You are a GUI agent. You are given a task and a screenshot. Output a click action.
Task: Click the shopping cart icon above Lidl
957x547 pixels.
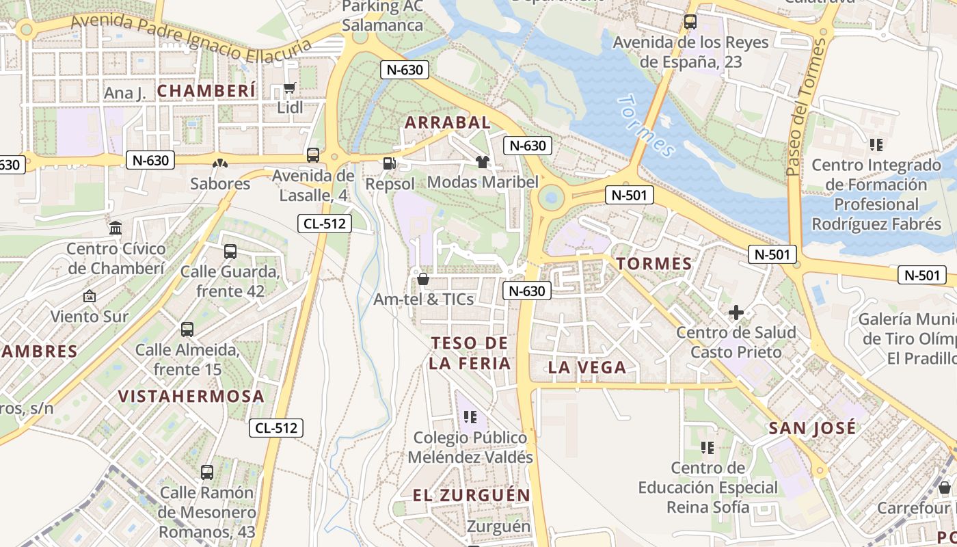(x=289, y=88)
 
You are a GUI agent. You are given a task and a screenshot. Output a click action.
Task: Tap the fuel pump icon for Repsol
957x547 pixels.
(x=389, y=163)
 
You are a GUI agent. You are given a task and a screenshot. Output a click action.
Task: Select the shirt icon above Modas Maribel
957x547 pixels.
(x=483, y=162)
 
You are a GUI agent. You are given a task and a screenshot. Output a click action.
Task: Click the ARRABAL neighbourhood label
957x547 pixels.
(x=448, y=122)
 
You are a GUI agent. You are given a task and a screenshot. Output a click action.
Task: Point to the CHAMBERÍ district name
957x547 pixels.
(x=206, y=91)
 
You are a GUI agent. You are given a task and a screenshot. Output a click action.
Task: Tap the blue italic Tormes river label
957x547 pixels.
(x=645, y=126)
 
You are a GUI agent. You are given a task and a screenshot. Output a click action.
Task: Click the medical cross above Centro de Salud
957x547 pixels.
(x=736, y=313)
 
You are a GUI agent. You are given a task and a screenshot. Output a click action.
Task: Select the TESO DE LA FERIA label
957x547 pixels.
(x=470, y=353)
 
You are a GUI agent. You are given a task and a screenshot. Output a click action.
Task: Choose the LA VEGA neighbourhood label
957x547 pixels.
(x=587, y=368)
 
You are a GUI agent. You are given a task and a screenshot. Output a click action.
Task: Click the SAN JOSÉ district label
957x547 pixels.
(x=812, y=429)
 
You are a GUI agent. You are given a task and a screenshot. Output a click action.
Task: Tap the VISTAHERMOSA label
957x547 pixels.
(x=191, y=397)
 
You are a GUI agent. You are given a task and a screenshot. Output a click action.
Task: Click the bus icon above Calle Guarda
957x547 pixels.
(x=230, y=252)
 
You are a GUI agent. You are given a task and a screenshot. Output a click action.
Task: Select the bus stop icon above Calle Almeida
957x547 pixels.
(x=187, y=330)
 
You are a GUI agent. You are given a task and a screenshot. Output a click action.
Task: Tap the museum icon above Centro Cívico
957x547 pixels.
(x=116, y=228)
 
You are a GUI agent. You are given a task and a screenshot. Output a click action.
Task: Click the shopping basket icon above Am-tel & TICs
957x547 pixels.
(x=422, y=279)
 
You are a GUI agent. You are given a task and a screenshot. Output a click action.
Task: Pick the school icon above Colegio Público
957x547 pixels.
(x=470, y=416)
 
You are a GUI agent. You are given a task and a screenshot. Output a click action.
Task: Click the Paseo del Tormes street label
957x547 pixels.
(x=805, y=106)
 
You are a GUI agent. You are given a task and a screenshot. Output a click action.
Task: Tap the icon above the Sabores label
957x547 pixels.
(x=220, y=163)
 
